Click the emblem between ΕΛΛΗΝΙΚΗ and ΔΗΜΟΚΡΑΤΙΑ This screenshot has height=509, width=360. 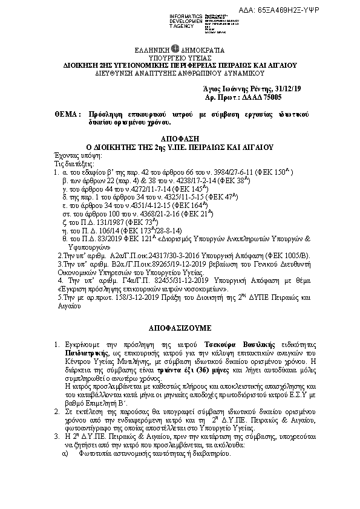(x=174, y=49)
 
